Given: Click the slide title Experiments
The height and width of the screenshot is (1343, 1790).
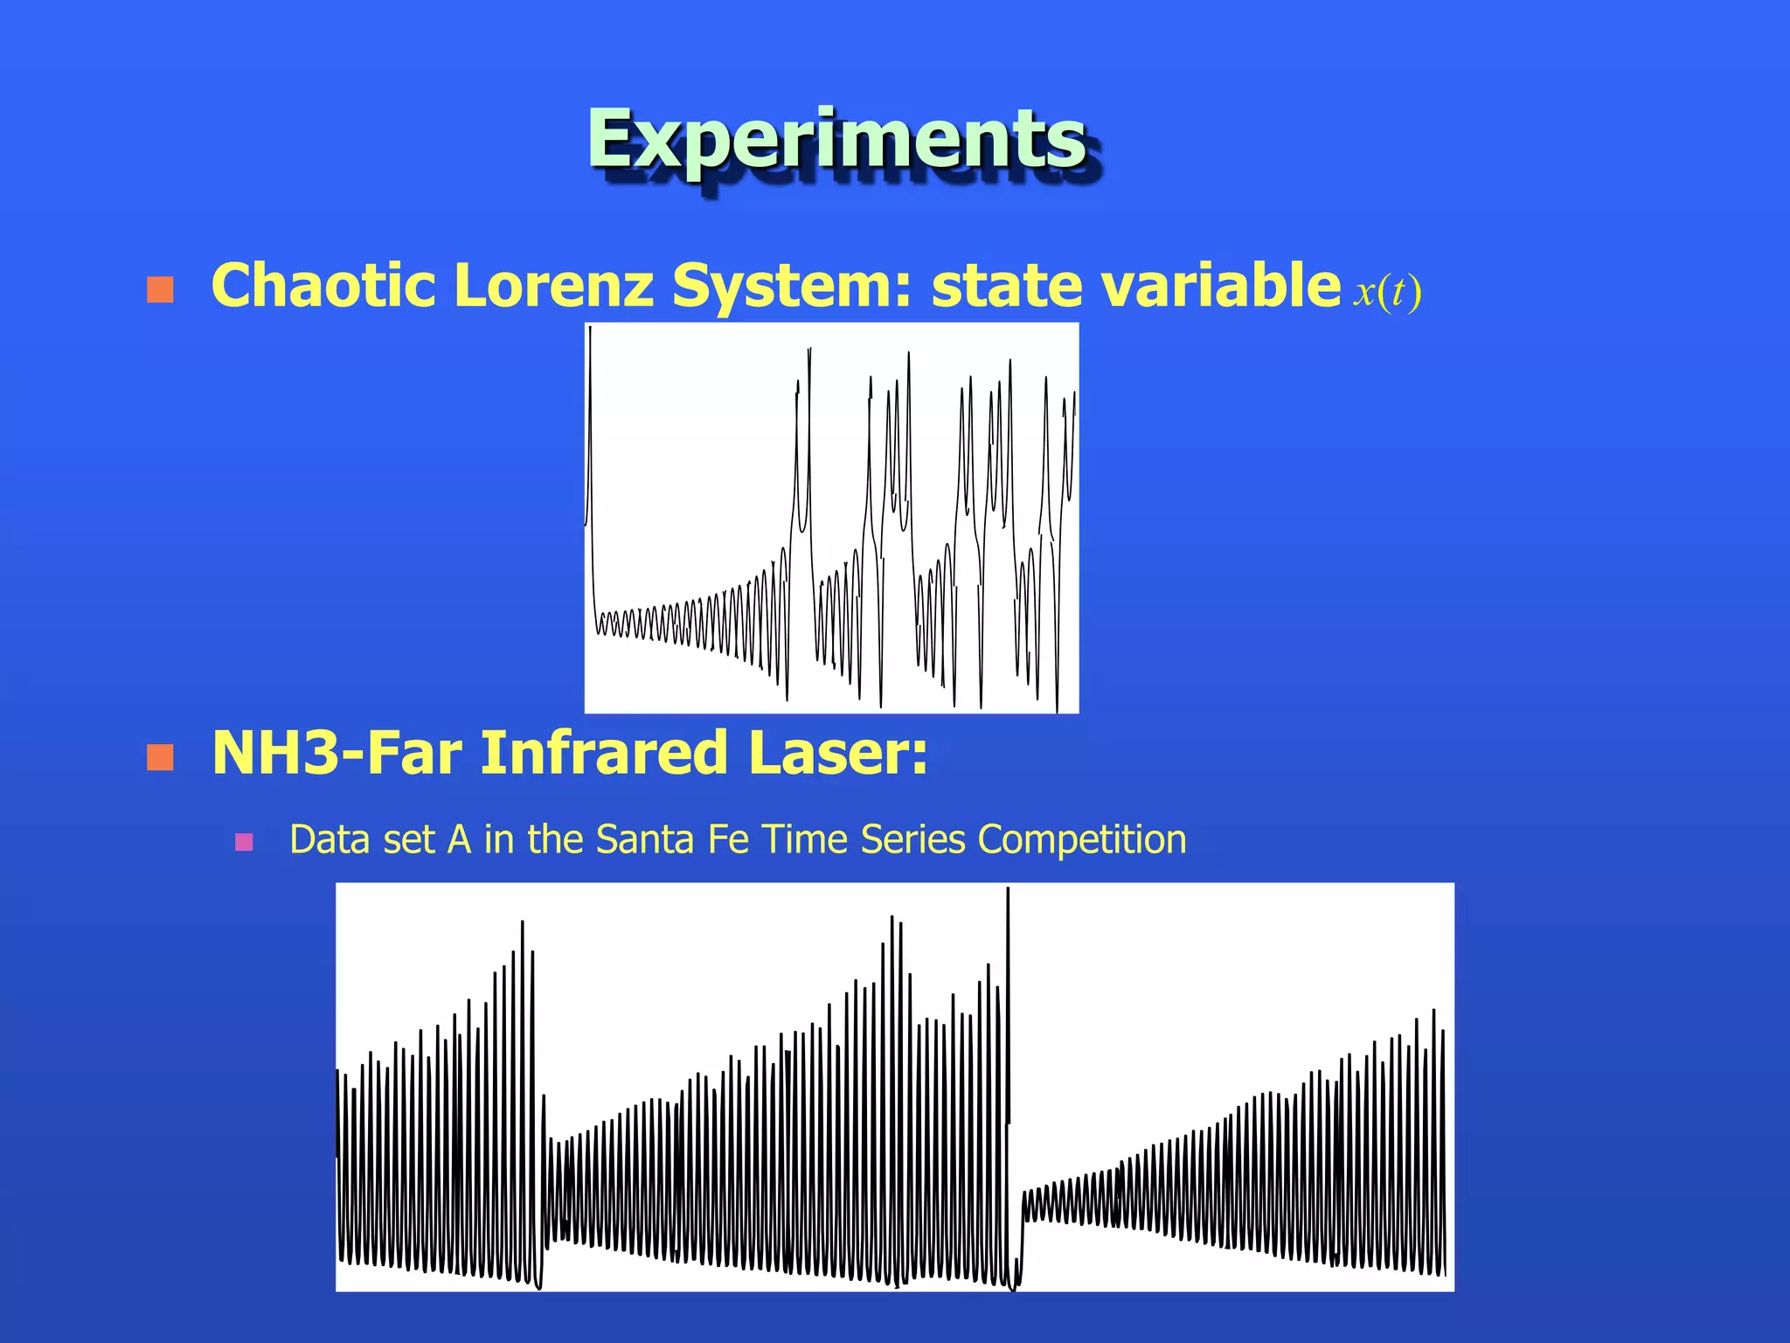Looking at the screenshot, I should click(x=837, y=140).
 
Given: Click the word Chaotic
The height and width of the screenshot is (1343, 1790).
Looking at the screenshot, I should click(x=323, y=286).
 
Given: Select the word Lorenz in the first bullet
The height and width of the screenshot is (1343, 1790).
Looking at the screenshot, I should click(x=553, y=286).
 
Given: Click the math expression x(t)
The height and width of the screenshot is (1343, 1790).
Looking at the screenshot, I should click(x=1387, y=291).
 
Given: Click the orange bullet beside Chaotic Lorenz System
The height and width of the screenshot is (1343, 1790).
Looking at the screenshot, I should click(x=160, y=290).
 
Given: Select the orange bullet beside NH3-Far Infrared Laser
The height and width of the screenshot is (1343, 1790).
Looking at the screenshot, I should click(x=160, y=757).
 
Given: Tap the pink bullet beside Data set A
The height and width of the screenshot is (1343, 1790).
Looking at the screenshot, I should click(x=244, y=842).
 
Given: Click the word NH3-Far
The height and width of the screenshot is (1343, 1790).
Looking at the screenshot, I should click(x=336, y=753).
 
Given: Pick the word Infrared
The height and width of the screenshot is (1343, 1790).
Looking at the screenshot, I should click(x=604, y=753).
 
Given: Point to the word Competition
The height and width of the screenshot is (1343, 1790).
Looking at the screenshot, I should click(x=1081, y=839).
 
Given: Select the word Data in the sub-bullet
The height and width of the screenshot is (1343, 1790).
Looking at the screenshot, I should click(x=325, y=839).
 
